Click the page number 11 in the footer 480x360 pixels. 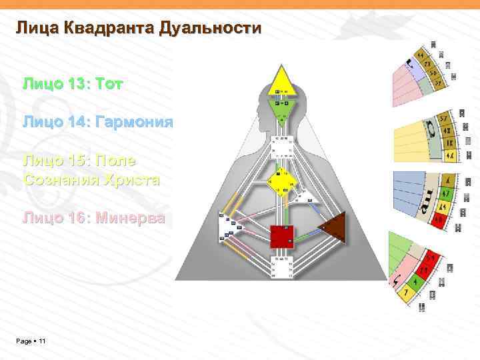tap(42, 341)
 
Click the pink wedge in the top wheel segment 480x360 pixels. tap(404, 84)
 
